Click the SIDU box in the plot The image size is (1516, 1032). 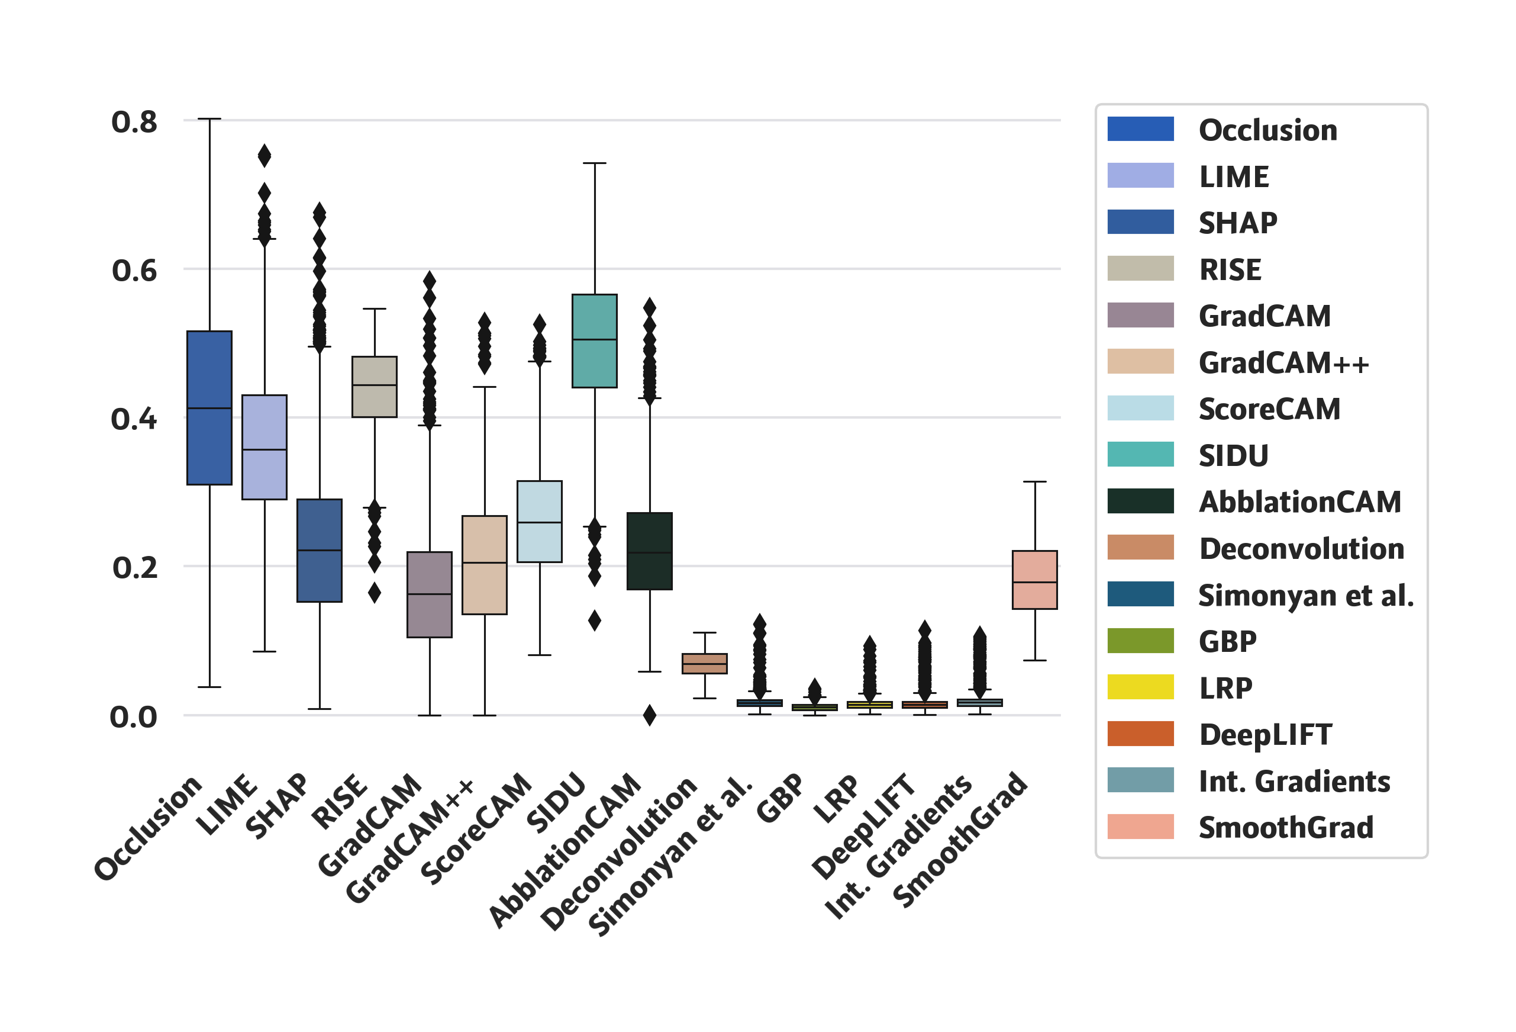(594, 340)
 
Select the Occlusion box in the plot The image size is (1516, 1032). (209, 408)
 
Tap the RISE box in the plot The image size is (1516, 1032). (375, 387)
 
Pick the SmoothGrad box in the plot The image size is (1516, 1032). (1034, 580)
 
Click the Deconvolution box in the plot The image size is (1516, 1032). (705, 663)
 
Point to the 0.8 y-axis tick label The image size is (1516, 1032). (134, 122)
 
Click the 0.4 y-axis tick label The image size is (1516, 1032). (134, 419)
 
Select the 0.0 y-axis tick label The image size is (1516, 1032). (134, 717)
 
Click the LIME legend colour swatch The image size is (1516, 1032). (1140, 176)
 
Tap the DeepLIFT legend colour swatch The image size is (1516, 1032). (1140, 734)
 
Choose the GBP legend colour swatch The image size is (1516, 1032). (1140, 641)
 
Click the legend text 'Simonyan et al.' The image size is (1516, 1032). (1306, 595)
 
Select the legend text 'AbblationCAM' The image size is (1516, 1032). (1300, 501)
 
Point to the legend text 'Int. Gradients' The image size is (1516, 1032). (1295, 781)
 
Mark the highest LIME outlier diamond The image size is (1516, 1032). (264, 155)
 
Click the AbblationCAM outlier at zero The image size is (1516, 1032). (650, 715)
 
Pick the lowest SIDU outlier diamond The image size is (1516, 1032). (594, 620)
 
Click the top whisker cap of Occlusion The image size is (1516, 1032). (209, 119)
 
